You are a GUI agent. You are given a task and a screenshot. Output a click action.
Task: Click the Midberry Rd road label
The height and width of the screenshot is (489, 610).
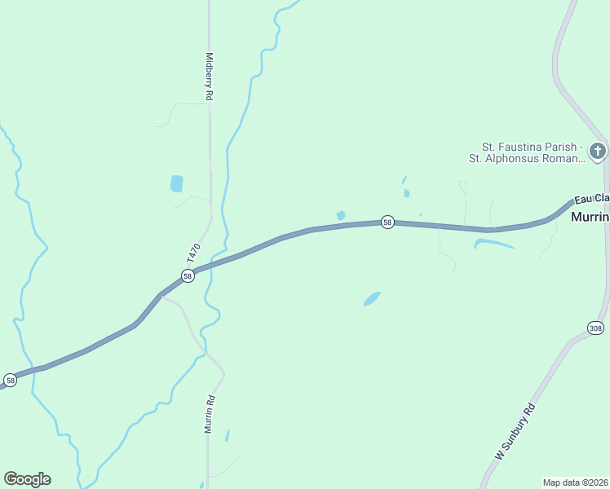tap(210, 77)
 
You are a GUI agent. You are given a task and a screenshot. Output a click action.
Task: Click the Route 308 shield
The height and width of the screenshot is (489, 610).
tap(595, 328)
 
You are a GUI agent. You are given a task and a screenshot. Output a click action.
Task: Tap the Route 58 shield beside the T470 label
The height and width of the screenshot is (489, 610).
tap(188, 276)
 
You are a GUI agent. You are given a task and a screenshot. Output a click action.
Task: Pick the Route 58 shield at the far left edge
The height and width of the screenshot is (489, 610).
tap(10, 380)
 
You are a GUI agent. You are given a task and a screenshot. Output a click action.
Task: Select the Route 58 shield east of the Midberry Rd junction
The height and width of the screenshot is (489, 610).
tap(388, 222)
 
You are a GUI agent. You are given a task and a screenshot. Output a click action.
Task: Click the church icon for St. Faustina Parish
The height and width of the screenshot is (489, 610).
tap(598, 152)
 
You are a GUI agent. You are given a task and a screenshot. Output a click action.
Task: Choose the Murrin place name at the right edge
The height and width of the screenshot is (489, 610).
tap(590, 218)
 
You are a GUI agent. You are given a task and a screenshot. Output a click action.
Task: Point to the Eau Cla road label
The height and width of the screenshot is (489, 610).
tap(591, 199)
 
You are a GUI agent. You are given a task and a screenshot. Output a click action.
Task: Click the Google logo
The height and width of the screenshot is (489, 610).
tap(27, 479)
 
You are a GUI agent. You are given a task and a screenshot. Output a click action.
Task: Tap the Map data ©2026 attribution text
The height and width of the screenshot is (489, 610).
tap(575, 482)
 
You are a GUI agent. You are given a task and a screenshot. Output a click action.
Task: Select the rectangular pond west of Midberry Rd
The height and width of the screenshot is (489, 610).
tap(177, 183)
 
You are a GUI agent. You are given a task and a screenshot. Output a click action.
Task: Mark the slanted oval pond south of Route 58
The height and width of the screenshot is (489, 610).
tap(372, 299)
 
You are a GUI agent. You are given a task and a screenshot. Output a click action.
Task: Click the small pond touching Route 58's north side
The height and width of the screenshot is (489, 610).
tap(341, 216)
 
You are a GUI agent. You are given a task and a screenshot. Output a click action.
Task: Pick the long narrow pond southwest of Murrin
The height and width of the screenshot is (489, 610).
tap(493, 243)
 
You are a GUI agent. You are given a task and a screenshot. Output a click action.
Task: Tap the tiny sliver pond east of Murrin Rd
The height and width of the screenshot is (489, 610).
tap(227, 435)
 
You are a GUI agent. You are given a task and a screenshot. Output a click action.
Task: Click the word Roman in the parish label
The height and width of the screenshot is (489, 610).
tap(557, 158)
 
